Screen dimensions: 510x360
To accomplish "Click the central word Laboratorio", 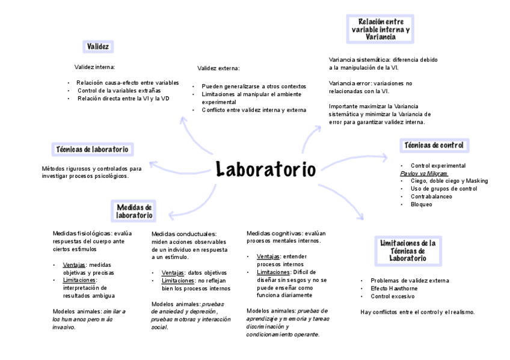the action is point(265,169).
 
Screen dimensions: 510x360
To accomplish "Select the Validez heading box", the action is point(97,46).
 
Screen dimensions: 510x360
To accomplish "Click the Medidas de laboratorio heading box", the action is point(134,211).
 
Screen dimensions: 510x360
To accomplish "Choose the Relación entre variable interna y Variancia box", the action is point(380,29).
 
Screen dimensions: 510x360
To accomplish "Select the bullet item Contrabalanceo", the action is point(429,197).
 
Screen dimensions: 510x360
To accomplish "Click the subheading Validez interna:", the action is point(94,67).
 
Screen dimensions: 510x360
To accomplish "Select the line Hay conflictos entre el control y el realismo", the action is point(417,312).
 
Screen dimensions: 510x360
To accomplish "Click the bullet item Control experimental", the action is point(438,165).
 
